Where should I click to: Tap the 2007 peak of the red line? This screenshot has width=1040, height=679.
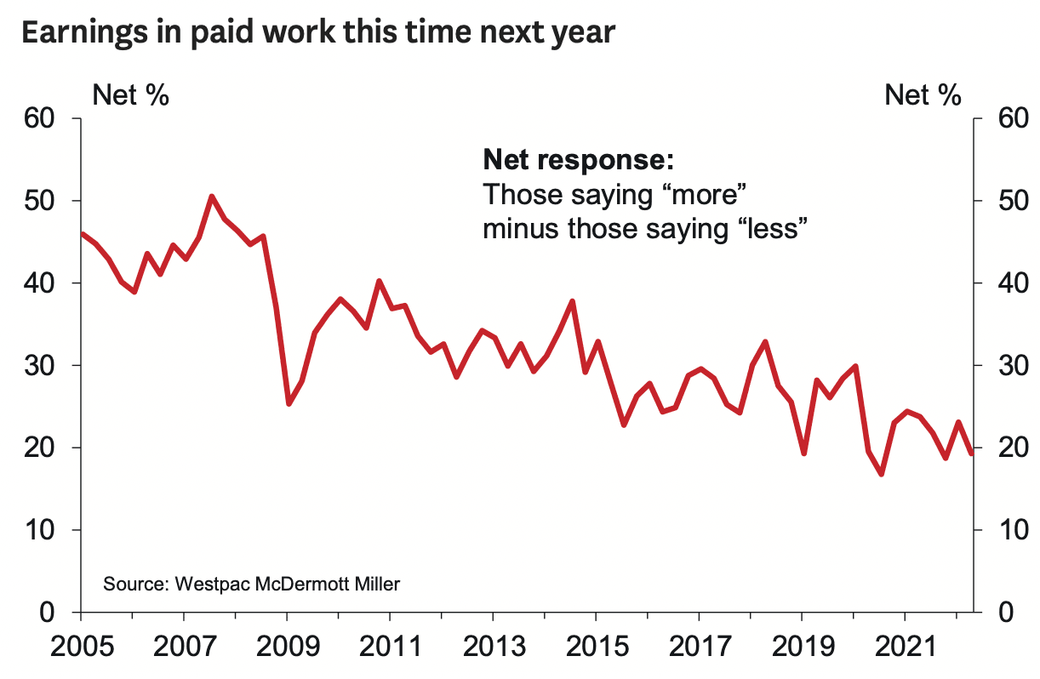(x=212, y=197)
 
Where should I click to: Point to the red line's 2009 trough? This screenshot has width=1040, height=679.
(x=289, y=403)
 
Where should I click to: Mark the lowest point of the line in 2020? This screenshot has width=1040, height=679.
(x=881, y=474)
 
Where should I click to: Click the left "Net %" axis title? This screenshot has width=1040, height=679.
(x=130, y=94)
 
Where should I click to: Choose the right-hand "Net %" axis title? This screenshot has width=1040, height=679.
(x=923, y=94)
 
